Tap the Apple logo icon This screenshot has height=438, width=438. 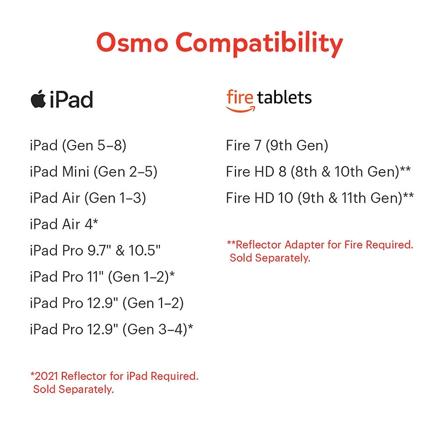pos(38,99)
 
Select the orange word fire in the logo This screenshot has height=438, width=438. pos(239,98)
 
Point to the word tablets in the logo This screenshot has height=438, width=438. pos(284,98)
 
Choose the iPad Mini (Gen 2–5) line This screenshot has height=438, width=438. pos(94,172)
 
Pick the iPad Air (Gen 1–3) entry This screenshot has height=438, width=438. pos(88,198)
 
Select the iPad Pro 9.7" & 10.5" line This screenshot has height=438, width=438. pos(95,251)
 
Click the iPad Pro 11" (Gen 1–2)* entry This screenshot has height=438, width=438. pos(102,277)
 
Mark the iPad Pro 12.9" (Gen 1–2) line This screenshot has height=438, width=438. pos(107,303)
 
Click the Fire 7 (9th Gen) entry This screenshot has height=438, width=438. pos(277,146)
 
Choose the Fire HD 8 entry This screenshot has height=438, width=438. pos(318,172)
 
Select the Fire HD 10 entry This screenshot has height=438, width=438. pos(320,198)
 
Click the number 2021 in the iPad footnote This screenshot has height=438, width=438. pos(46,376)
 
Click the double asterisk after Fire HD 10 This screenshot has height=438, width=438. pos(408,196)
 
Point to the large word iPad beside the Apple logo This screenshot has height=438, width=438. pos(71,100)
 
